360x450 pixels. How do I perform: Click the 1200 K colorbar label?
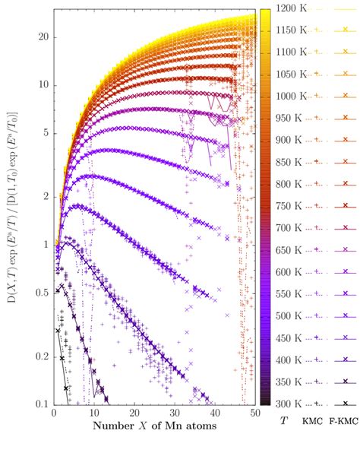point(292,8)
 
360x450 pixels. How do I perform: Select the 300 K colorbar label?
point(292,404)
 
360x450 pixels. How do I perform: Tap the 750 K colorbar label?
point(292,206)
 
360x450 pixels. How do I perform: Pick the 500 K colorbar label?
point(292,315)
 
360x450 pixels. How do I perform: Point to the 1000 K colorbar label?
point(292,96)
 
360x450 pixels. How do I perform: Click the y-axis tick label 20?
point(43,37)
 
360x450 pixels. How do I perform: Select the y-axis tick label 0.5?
point(42,293)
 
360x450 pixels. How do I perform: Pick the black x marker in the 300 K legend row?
point(345,403)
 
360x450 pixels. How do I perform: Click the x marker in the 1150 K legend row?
point(345,30)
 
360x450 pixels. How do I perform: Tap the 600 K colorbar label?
point(292,271)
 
